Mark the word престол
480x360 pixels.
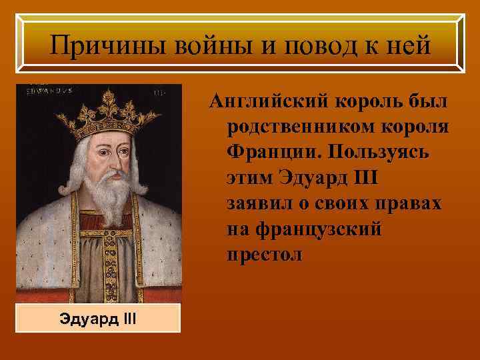265,255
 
